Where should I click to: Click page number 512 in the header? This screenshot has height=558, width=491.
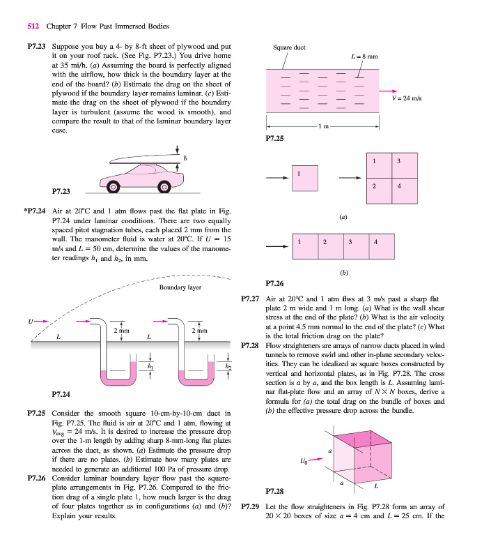[x=32, y=27]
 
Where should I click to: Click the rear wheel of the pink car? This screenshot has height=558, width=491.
[x=111, y=186]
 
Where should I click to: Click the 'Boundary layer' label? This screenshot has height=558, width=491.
[x=180, y=287]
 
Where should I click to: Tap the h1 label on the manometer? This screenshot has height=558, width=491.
[x=149, y=364]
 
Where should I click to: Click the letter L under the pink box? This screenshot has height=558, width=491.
[x=377, y=486]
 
